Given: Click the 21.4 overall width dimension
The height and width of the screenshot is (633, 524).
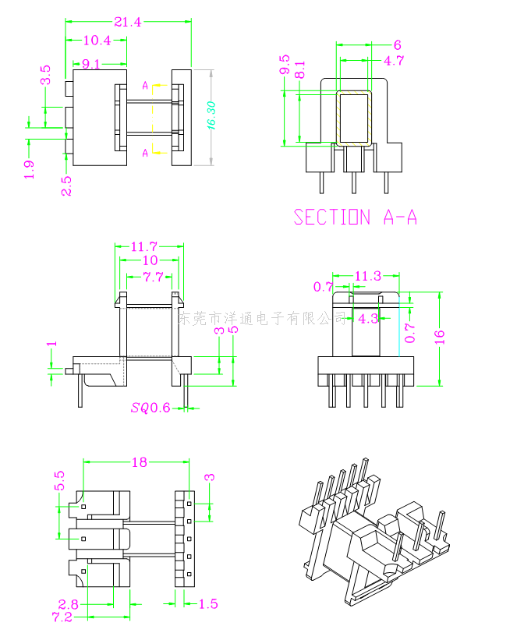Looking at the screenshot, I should pos(127,23).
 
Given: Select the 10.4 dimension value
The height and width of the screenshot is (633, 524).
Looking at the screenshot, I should pos(96,41).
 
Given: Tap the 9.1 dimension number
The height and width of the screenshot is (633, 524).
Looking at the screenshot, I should pos(90,65).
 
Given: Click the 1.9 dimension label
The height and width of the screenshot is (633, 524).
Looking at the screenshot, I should pos(30,170).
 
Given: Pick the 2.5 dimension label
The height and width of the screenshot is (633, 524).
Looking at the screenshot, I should pos(66,186).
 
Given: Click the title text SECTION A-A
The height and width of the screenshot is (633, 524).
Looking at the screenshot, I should pos(355,217).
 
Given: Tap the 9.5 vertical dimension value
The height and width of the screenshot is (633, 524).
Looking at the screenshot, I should pos(284,65).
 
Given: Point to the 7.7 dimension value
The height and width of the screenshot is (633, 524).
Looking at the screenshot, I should pos(153,277).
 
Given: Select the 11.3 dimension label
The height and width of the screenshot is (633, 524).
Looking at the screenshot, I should pos(367,275).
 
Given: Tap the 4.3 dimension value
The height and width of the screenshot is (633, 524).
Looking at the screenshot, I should pos(369,318).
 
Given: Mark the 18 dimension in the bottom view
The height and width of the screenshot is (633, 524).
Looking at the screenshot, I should pos(139,462).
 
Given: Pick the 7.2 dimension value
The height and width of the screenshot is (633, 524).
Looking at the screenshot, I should pos(62,617).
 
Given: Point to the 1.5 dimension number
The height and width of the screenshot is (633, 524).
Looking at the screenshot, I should pos(208,603).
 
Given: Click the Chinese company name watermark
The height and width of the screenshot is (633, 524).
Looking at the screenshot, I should pos(263,318).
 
